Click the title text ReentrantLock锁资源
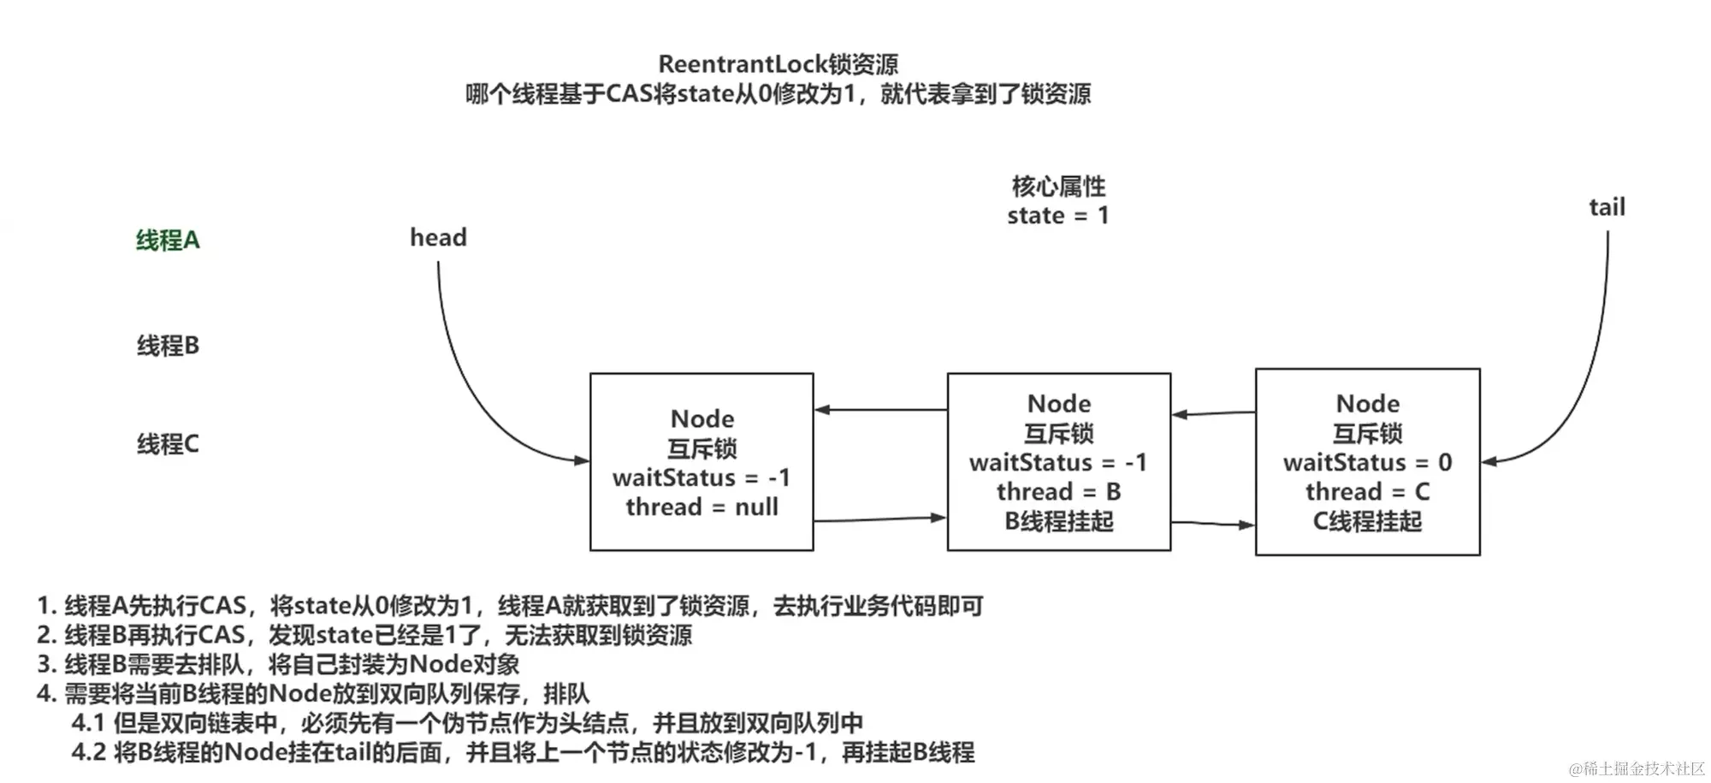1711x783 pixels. click(778, 64)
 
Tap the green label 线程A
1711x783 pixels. click(168, 240)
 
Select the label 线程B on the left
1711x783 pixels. click(168, 346)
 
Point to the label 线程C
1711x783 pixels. click(168, 444)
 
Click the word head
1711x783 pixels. click(438, 238)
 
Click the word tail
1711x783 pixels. click(1607, 207)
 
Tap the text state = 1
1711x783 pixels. click(1058, 216)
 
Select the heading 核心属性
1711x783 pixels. click(1058, 186)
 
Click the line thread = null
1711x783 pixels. click(702, 507)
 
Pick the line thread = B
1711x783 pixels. click(1058, 492)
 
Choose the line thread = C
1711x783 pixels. click(1367, 492)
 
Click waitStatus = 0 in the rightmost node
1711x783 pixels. click(1367, 463)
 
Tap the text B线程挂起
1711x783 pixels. click(1058, 521)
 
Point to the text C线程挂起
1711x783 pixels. click(1367, 521)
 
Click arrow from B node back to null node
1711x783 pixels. click(881, 410)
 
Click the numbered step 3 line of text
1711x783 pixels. click(278, 664)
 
